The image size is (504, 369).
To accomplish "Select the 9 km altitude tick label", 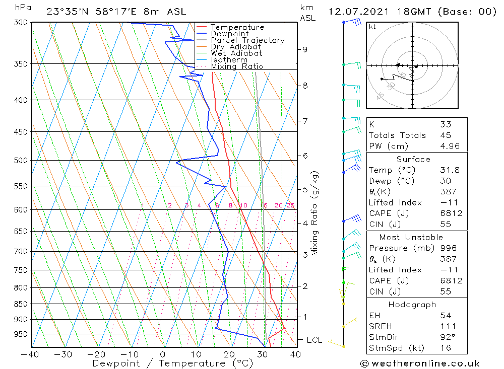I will click(305, 49).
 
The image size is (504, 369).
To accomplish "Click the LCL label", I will click(314, 340).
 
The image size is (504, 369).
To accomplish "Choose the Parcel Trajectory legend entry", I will click(247, 40).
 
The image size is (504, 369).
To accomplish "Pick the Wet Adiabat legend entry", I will click(236, 53).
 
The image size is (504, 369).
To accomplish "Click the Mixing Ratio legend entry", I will click(237, 66).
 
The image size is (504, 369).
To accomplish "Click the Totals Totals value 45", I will click(445, 135).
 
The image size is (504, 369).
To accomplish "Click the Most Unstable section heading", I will click(411, 238).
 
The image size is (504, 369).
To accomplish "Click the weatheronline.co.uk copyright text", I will click(420, 363).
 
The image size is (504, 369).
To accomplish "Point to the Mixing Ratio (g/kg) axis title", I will click(315, 213).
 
